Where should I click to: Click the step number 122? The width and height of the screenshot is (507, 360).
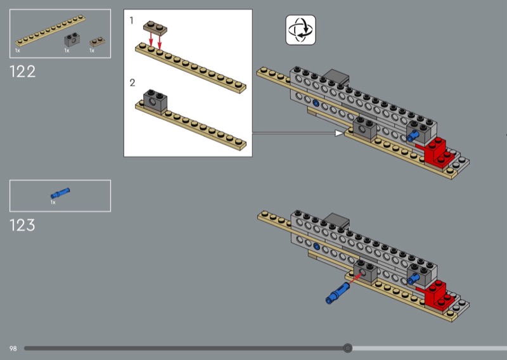tap(22, 72)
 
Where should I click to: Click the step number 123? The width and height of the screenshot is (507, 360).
tap(22, 225)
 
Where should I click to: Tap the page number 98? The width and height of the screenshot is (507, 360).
tap(13, 349)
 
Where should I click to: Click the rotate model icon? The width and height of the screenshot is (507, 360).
tap(300, 30)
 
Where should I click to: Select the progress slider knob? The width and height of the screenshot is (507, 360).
tap(347, 348)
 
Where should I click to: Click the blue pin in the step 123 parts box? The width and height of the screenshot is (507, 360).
tap(60, 193)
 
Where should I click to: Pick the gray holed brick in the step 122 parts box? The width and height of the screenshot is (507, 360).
tap(72, 39)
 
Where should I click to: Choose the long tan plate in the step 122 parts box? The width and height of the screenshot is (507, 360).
tap(51, 30)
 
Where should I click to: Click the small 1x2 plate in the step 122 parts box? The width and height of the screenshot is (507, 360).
tap(97, 42)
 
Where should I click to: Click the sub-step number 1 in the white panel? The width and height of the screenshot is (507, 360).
tap(131, 21)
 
